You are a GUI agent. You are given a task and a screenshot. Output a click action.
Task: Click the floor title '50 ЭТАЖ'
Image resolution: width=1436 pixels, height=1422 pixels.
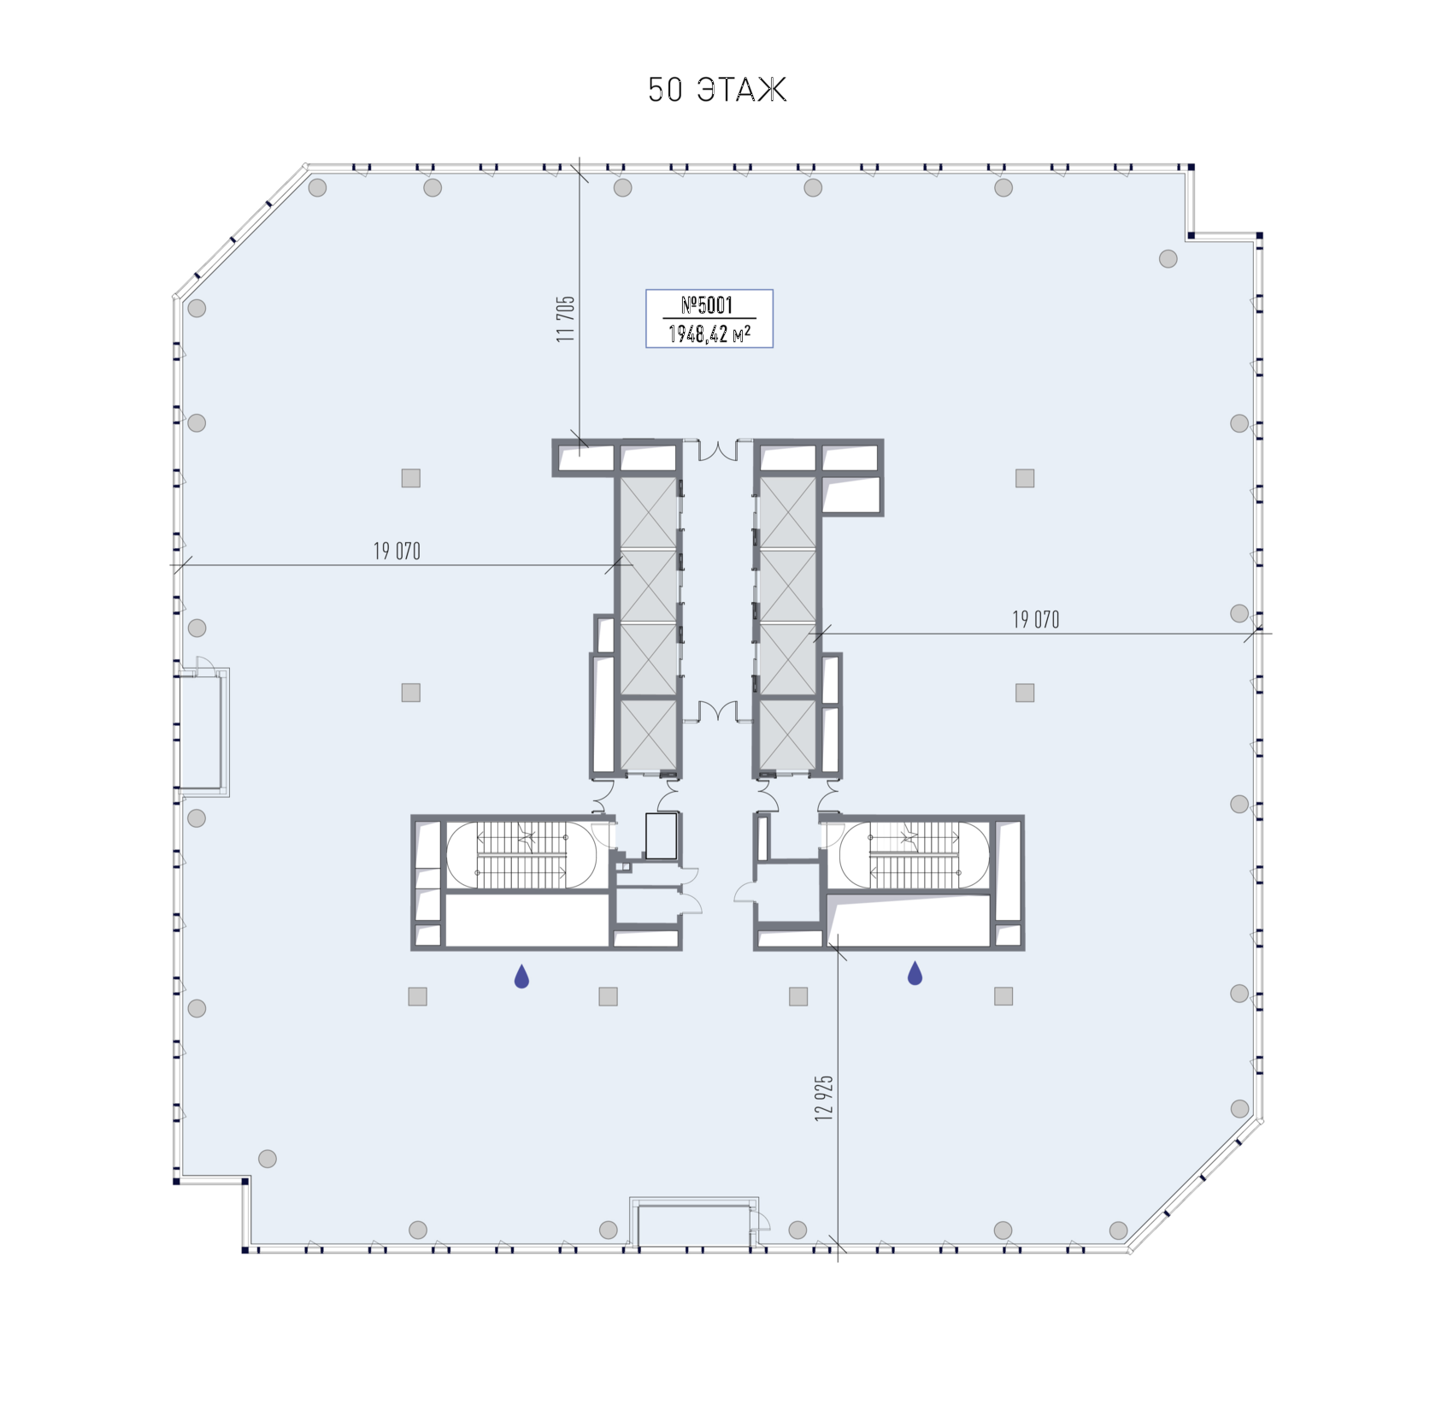(x=716, y=90)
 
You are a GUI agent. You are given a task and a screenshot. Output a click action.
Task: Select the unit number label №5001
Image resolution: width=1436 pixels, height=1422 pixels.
(x=707, y=305)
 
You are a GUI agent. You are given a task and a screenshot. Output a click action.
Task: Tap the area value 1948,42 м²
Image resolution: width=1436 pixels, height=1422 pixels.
(x=709, y=333)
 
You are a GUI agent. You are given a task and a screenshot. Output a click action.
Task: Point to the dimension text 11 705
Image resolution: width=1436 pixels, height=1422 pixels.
(x=565, y=319)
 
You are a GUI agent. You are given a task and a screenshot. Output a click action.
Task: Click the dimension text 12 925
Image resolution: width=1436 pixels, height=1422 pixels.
(x=823, y=1098)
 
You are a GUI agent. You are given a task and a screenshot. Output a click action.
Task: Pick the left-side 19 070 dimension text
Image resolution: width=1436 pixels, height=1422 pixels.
(x=397, y=552)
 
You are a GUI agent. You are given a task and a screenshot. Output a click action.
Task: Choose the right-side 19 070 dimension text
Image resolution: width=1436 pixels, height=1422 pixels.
(x=1036, y=620)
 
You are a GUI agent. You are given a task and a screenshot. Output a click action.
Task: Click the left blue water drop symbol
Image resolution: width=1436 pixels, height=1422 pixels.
(x=521, y=976)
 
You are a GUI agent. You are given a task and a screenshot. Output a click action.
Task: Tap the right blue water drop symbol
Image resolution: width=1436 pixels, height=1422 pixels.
(x=915, y=973)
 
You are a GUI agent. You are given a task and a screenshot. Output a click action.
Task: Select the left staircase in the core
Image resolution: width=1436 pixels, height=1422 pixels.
(x=521, y=855)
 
